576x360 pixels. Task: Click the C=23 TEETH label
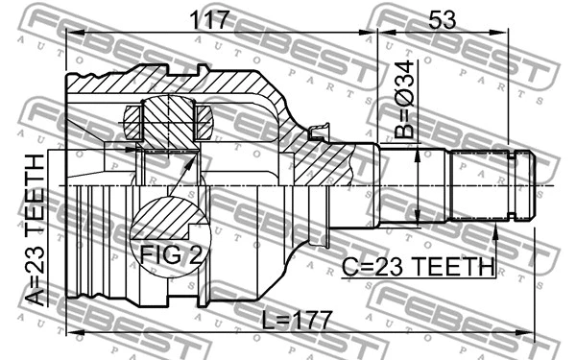(x=419, y=266)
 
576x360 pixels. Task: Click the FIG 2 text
(x=169, y=255)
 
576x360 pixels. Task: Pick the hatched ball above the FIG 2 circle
(x=169, y=121)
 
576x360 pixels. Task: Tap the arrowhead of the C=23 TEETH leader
(x=494, y=228)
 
